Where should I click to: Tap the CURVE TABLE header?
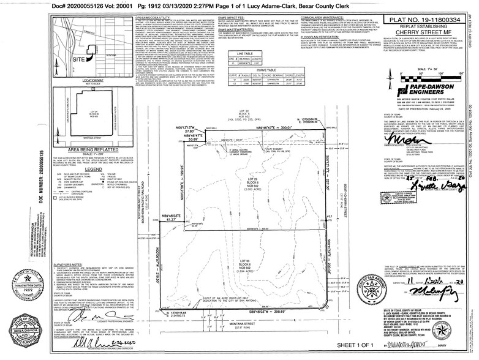tap(266, 70)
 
